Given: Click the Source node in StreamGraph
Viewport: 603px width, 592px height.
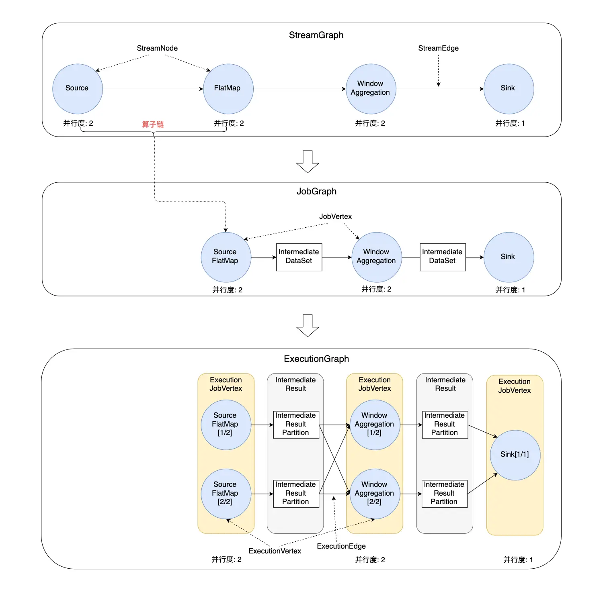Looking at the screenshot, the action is pos(78,89).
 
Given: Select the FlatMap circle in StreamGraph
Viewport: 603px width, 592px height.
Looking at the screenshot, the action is pos(228,89).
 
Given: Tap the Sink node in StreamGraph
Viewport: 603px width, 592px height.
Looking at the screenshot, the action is pos(509,89).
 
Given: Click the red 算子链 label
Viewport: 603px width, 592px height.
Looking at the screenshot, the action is pos(153,125).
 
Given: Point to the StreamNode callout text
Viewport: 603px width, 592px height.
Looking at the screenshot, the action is pos(157,48).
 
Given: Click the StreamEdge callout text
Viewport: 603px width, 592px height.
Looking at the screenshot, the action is pos(438,48).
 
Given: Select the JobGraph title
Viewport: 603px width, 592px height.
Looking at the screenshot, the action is pos(316,191).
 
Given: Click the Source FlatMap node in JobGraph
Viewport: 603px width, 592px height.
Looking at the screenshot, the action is pos(226,257).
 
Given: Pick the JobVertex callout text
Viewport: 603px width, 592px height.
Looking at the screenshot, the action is pos(336,216).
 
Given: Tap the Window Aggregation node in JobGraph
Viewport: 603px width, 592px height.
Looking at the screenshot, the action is pos(377,257).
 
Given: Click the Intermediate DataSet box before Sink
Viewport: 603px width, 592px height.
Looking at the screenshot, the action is pos(443,257).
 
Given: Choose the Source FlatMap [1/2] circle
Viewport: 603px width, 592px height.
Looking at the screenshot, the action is pos(226,425).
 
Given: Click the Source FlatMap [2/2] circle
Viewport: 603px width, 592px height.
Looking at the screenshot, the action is pos(226,494).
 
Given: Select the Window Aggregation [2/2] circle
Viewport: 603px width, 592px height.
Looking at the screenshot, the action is pos(375,494).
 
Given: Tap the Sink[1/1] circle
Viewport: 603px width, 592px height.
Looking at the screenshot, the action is pos(515,455).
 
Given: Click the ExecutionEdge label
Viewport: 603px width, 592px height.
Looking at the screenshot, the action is pos(341,546).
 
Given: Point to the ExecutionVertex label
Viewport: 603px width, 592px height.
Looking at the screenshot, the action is pos(275,551).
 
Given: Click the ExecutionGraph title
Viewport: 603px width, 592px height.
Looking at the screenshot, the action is pos(316,359).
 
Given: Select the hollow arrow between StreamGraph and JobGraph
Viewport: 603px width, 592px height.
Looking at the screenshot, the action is pos(308,161).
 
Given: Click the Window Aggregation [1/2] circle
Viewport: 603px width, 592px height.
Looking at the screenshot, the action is pos(375,425).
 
